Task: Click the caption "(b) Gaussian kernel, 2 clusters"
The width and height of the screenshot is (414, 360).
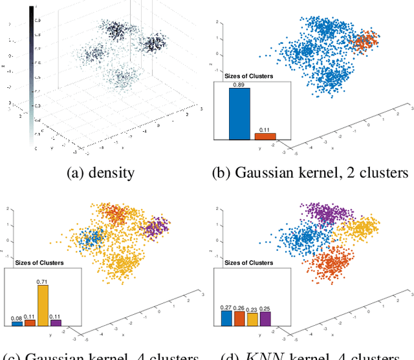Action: [311, 173]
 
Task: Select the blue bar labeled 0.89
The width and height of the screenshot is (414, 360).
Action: [239, 114]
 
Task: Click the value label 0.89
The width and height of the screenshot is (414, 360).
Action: [239, 84]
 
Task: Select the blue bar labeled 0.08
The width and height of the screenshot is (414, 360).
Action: [17, 323]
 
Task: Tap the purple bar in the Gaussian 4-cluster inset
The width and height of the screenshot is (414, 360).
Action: [56, 322]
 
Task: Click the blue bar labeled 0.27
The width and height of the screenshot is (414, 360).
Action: [226, 318]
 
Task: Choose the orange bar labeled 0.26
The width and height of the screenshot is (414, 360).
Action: [239, 318]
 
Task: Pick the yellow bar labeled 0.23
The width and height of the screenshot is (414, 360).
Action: [252, 319]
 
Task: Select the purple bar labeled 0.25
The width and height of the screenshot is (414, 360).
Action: [265, 318]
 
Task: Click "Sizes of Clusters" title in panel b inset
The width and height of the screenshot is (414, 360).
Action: [248, 76]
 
